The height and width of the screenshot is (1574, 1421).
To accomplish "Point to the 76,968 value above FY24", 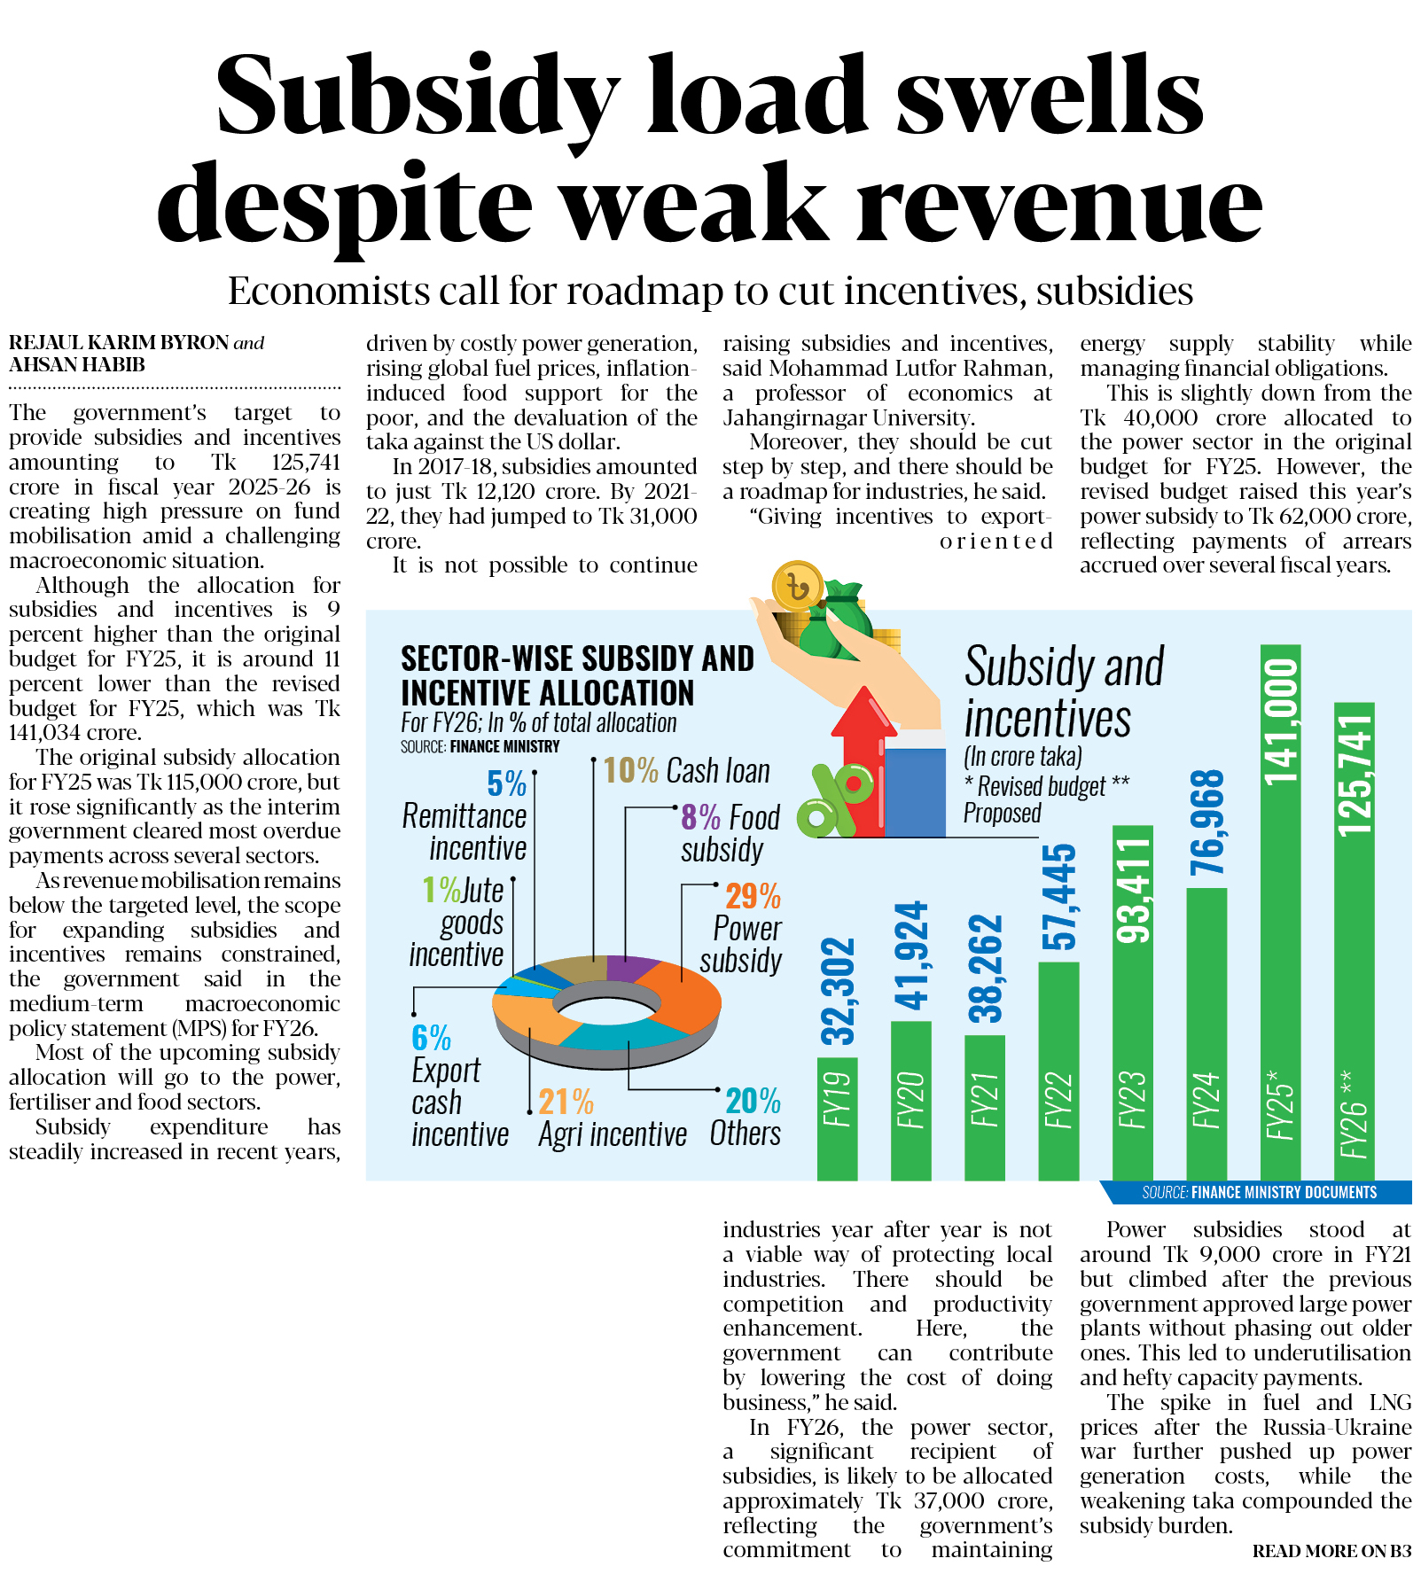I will (x=1207, y=822).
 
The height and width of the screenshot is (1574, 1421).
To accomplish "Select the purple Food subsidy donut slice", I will (x=630, y=968).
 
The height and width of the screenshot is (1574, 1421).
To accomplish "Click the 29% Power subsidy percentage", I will (x=753, y=896).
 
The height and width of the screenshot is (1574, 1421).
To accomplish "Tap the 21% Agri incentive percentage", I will (x=566, y=1102).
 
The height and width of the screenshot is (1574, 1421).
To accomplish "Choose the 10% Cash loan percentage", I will (x=630, y=770).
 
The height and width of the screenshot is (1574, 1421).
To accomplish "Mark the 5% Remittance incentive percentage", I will (x=506, y=783).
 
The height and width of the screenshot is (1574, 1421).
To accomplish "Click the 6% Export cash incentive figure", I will (x=431, y=1038).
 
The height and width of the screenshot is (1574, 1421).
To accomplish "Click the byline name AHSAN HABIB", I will (x=77, y=365).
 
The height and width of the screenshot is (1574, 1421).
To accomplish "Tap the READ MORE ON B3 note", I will (x=1331, y=1551).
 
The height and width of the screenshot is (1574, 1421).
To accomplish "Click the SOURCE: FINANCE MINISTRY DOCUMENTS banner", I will (x=1259, y=1193).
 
